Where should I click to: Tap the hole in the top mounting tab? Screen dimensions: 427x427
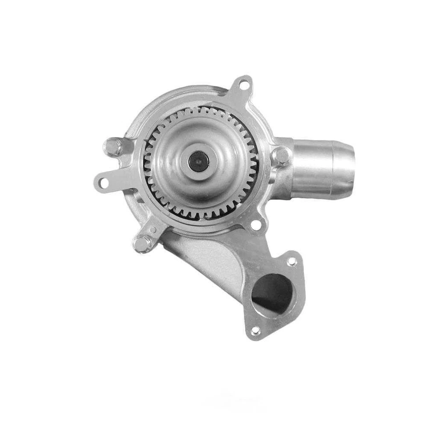click(244, 83)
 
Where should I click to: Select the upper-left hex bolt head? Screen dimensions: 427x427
click(113, 147)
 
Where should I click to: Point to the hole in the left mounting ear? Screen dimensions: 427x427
click(104, 182)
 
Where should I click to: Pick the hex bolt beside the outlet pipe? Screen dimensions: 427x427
click(281, 155)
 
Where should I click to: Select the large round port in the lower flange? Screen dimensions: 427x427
click(272, 294)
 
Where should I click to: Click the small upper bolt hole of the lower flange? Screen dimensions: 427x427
click(292, 262)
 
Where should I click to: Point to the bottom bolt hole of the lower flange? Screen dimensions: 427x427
click(255, 331)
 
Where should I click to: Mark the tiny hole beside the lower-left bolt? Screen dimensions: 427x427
click(153, 230)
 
